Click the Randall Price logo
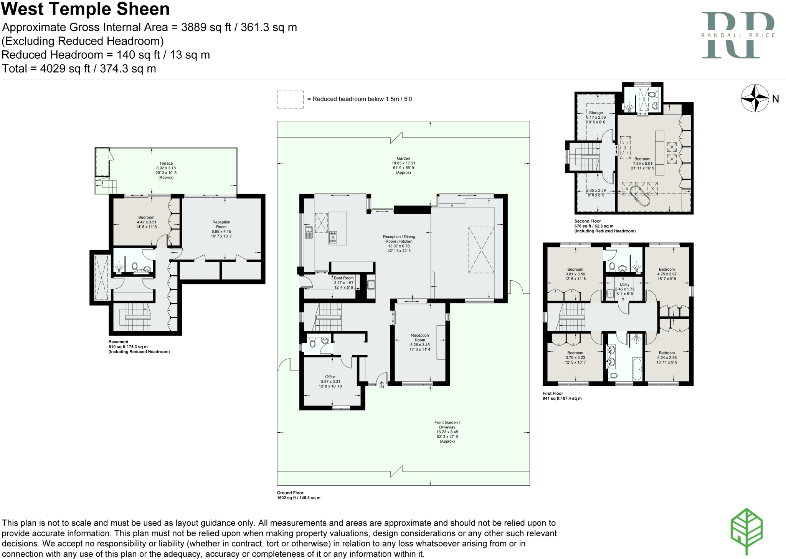[738, 35]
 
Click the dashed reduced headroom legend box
[290, 99]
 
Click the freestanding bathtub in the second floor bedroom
[639, 196]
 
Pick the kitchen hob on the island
[333, 238]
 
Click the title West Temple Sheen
[86, 9]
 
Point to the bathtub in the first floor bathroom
[637, 369]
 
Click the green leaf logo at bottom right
[746, 531]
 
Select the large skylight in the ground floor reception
[481, 250]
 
